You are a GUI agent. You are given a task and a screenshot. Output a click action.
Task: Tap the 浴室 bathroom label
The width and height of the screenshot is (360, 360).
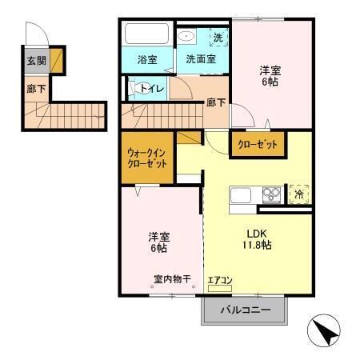click(x=146, y=59)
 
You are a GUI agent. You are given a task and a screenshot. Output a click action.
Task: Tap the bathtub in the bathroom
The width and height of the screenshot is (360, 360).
click(x=146, y=35)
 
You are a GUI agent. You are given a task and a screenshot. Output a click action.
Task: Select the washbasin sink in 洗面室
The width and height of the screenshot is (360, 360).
click(x=186, y=36)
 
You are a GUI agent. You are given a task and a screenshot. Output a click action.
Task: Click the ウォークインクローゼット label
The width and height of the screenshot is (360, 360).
click(x=147, y=157)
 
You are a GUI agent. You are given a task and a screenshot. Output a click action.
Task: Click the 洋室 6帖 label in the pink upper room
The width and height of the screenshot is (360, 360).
click(x=270, y=74)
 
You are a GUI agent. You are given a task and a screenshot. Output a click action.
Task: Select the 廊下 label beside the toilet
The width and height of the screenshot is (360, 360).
click(x=215, y=102)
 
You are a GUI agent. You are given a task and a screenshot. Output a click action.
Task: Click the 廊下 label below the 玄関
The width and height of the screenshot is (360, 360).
click(x=35, y=90)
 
